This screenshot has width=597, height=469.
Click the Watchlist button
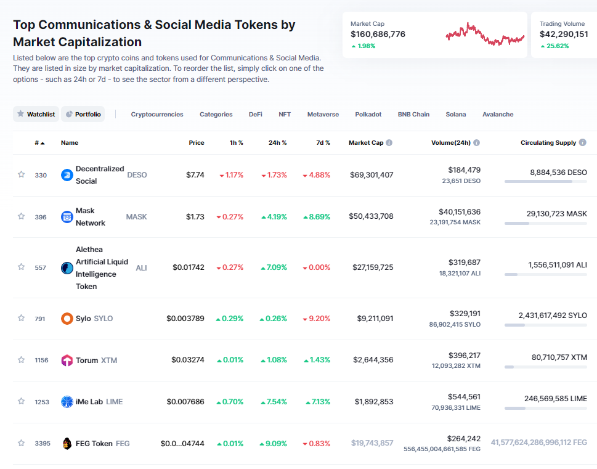[36, 114]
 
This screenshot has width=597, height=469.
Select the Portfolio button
[83, 114]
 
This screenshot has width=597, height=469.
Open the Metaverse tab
[323, 114]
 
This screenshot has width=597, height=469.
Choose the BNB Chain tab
[413, 114]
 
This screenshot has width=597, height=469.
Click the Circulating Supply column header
[548, 142]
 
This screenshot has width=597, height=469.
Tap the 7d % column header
[323, 142]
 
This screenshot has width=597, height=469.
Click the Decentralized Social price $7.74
[195, 175]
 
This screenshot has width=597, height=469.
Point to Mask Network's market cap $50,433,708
[372, 216]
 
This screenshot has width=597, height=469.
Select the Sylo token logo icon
[67, 319]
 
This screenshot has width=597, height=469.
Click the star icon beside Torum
[21, 360]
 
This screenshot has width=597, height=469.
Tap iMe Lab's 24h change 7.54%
[274, 402]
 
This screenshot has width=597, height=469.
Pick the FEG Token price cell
[182, 443]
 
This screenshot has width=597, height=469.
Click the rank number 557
[41, 267]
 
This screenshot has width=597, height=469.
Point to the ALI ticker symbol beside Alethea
[141, 267]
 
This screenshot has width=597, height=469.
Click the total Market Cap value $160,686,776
[378, 34]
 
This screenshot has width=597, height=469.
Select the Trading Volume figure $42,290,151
[563, 34]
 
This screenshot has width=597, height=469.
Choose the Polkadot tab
[368, 114]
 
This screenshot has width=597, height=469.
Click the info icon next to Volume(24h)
[477, 142]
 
